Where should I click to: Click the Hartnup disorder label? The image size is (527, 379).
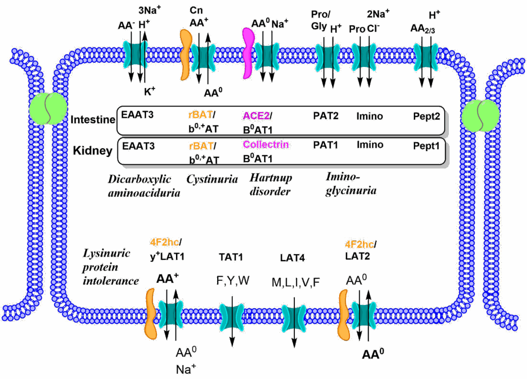271,184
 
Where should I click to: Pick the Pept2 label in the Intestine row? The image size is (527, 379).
427,117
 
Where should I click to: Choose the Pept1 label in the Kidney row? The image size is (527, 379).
426,146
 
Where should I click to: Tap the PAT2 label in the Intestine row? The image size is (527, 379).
325,116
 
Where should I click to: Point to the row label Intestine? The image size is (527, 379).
93,120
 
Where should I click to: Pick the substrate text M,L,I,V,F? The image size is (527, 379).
295,282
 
